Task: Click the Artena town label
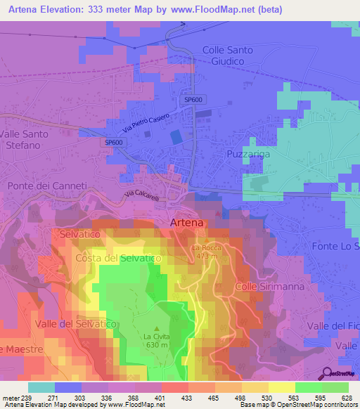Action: point(187,223)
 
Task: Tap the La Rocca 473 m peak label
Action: point(206,252)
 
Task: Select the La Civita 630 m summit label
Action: point(156,340)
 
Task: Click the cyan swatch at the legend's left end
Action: point(41,387)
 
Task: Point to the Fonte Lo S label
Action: point(335,247)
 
